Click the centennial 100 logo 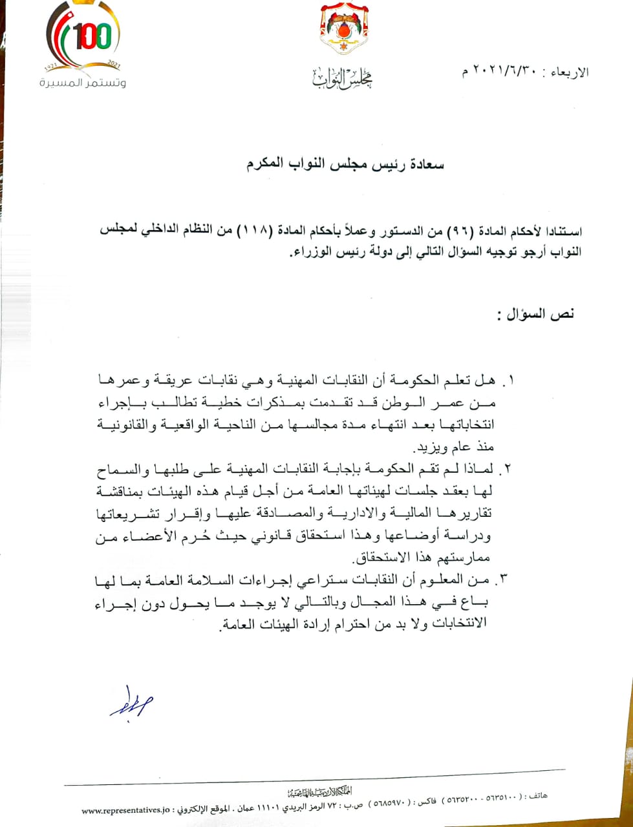84,37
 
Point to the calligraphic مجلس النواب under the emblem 343,78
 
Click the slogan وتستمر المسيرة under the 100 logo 83,83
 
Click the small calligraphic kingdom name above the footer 319,792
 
